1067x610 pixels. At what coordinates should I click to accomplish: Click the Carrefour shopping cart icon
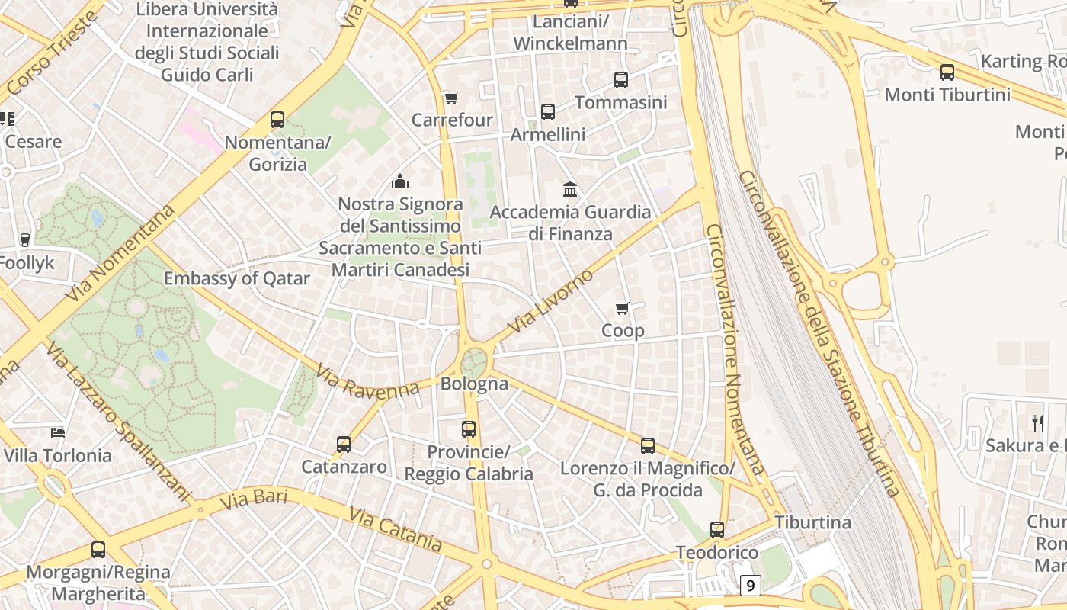[x=452, y=98]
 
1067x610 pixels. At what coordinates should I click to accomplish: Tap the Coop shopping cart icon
[x=623, y=308]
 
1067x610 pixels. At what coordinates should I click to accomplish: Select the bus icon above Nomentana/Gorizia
[x=277, y=120]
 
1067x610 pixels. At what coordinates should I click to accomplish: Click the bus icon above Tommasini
[x=621, y=79]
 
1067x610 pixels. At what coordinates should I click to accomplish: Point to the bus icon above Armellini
[x=548, y=112]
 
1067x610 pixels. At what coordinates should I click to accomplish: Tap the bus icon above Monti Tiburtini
[x=947, y=72]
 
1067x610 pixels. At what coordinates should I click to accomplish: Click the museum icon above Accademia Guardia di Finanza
[x=570, y=189]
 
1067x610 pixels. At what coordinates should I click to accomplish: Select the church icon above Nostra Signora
[x=400, y=181]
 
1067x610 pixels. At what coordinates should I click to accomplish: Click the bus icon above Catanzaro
[x=344, y=444]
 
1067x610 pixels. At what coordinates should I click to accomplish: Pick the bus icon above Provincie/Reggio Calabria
[x=469, y=429]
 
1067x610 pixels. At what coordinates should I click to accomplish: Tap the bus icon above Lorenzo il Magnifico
[x=648, y=446]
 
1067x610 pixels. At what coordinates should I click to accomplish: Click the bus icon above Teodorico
[x=717, y=530]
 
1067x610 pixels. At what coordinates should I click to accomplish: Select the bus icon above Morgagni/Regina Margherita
[x=98, y=549]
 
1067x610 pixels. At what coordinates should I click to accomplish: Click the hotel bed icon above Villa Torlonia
[x=58, y=433]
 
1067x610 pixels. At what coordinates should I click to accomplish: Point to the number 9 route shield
[x=751, y=586]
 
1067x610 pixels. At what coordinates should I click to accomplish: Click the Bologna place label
[x=474, y=384]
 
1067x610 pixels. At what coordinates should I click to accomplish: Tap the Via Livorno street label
[x=550, y=302]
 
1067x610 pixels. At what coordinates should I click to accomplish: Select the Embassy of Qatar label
[x=237, y=278]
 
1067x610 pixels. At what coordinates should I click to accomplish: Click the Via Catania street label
[x=396, y=528]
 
